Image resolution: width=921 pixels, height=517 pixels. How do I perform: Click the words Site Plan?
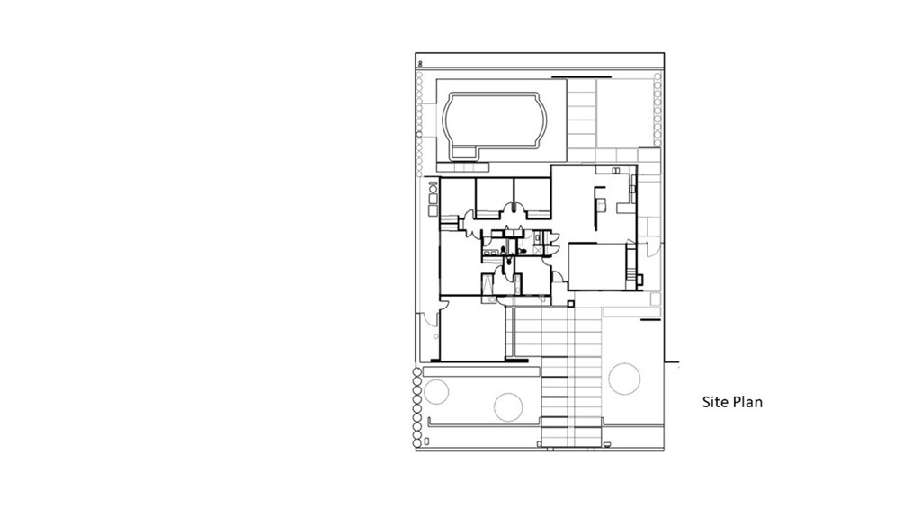pos(732,402)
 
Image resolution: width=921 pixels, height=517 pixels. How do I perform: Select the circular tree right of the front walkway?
pos(623,378)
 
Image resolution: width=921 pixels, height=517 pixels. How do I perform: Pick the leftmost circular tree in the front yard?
pos(436,391)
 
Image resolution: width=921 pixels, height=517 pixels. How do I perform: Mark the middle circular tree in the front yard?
pos(508,406)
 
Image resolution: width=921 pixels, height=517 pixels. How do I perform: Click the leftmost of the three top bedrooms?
pos(457,196)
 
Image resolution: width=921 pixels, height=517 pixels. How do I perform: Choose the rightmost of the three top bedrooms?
pos(532,196)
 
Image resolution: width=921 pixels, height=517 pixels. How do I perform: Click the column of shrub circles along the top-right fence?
pos(657,108)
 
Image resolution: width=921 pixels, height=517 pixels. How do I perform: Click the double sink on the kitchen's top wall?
pos(616,170)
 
